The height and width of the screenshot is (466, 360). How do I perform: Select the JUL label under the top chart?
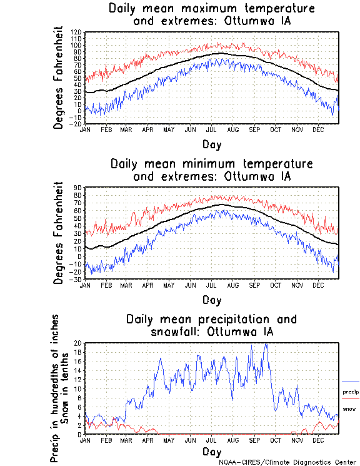211,129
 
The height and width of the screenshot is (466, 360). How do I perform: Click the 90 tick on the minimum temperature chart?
78,187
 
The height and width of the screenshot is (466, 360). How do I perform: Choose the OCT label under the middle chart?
275,285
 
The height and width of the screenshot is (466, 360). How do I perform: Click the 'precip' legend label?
351,392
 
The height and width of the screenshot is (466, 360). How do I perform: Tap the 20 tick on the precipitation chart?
78,343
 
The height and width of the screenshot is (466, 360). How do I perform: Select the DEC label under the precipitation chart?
317,440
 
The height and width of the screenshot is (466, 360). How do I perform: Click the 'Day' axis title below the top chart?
211,144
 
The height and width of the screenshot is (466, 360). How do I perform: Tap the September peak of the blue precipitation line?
266,344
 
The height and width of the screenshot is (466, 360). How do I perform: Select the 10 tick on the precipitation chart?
78,388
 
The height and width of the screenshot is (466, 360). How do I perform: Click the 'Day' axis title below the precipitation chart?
211,451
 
